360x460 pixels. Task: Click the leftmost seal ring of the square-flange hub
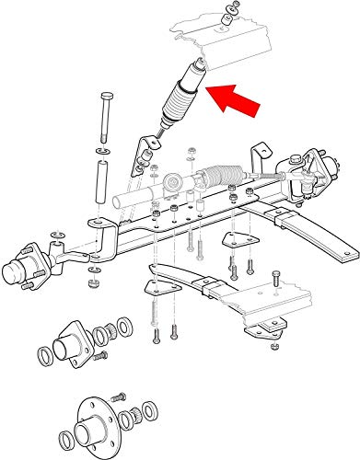coord(43,356)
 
